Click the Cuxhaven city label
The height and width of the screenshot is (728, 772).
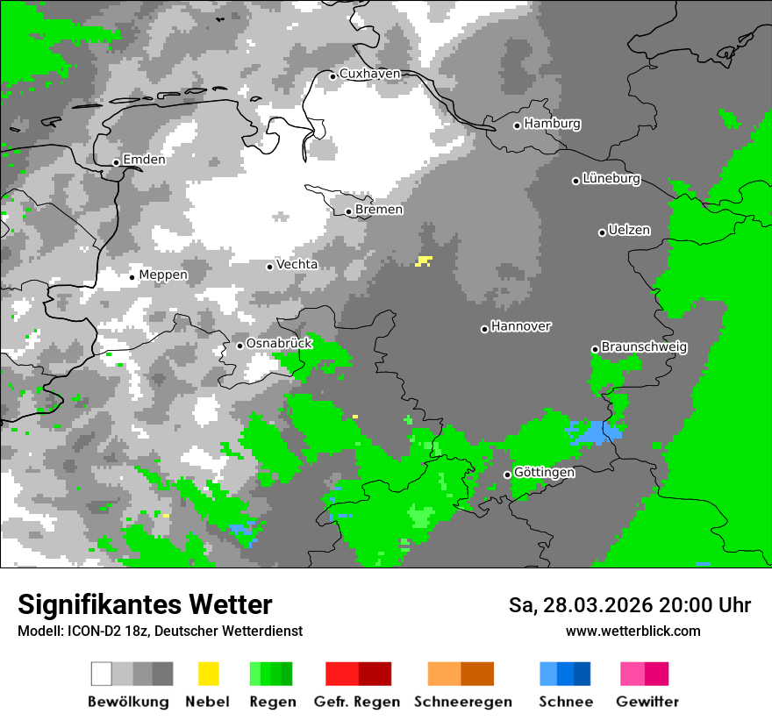click(369, 74)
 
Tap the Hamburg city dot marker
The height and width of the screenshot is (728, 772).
click(518, 125)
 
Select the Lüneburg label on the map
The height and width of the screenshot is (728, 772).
click(611, 179)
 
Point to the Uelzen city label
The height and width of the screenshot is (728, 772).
click(629, 231)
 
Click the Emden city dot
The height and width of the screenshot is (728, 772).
click(116, 162)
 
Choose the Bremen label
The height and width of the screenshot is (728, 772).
click(379, 210)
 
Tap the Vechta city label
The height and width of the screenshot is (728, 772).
click(297, 265)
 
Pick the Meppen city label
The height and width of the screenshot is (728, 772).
click(163, 275)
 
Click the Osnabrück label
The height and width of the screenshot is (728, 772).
click(279, 344)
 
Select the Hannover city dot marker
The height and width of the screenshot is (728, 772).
click(484, 329)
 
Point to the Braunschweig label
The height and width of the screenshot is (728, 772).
click(644, 347)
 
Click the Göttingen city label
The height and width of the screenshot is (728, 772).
click(544, 473)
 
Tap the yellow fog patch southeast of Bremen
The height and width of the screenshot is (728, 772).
click(425, 261)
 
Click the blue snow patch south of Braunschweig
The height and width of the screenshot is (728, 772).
click(595, 432)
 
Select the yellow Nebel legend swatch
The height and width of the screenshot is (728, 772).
click(208, 674)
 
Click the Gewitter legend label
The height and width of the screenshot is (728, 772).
click(647, 702)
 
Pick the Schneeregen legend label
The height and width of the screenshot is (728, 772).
click(462, 702)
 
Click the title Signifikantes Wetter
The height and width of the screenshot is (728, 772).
click(145, 604)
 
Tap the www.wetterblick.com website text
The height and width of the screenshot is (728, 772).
click(633, 632)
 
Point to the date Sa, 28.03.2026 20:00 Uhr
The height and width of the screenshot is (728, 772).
click(629, 605)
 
